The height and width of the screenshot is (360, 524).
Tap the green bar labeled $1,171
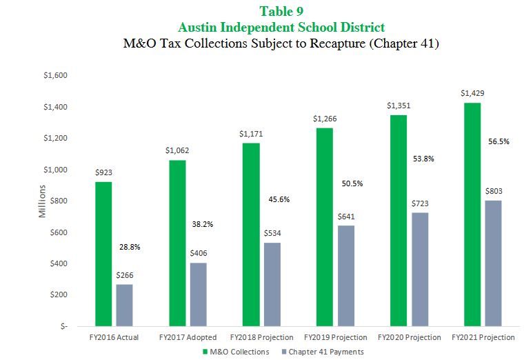[x=250, y=234]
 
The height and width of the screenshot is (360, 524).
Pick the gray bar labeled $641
[x=346, y=275]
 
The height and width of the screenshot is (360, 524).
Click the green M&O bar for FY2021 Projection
[x=472, y=214]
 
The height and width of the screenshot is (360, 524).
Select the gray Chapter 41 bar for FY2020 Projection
[x=419, y=269]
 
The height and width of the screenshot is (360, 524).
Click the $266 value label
[x=125, y=275]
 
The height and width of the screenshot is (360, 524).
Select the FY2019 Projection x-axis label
[x=335, y=337]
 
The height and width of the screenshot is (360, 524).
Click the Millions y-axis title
[x=43, y=201]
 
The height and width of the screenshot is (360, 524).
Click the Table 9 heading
[x=281, y=11]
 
